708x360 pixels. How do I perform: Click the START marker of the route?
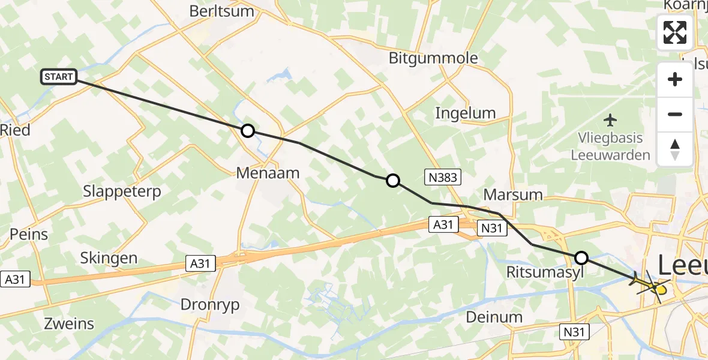click(x=59, y=77)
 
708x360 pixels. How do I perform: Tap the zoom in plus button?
click(x=675, y=80)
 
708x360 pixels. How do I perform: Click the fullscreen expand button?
click(x=675, y=32)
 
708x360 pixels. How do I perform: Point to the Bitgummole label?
click(x=433, y=58)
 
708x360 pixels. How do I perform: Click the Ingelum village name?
click(x=466, y=113)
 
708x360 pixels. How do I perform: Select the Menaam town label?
click(x=268, y=173)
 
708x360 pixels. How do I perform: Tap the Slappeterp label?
click(x=122, y=191)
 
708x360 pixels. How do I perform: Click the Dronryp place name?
click(x=210, y=305)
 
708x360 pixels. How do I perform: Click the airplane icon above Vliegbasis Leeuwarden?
click(x=611, y=121)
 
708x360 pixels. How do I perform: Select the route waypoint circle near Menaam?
click(x=247, y=131)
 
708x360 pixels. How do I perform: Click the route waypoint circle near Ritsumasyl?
click(x=581, y=258)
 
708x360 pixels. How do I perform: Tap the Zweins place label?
click(x=70, y=324)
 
